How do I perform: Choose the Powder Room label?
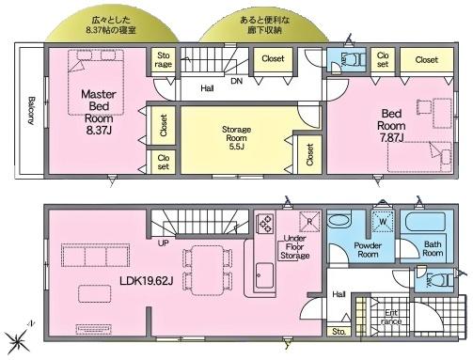point(368,248)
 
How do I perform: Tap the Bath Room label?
point(432,248)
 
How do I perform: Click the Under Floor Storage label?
point(294,247)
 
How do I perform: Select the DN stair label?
point(235,83)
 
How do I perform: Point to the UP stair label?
point(163,243)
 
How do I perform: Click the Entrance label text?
point(391,317)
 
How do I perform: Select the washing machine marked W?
point(383,224)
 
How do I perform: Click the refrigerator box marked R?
point(307,222)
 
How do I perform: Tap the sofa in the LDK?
point(85,255)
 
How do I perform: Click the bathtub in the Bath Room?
point(431,227)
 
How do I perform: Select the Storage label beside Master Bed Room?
point(164,60)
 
